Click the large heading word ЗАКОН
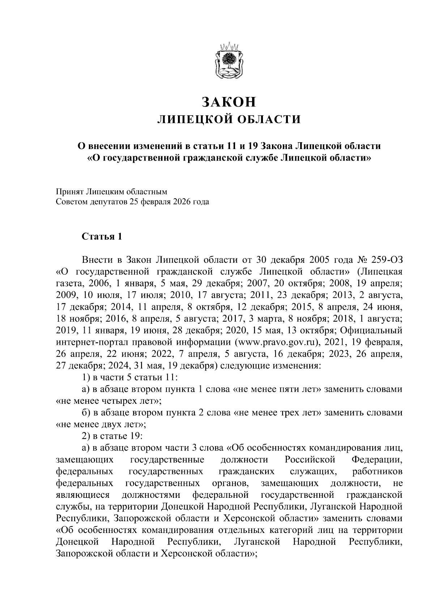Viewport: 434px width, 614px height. coord(229,102)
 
